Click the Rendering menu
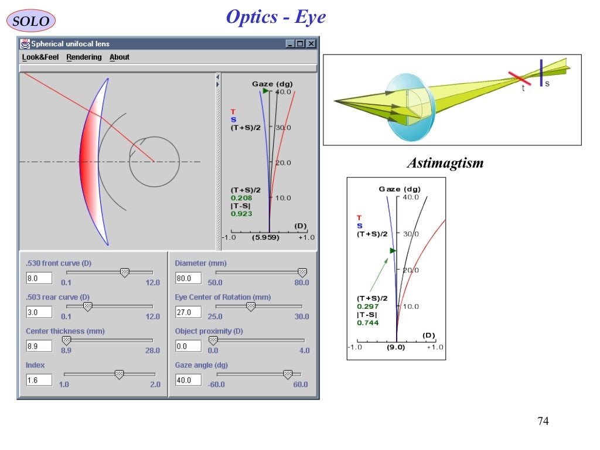coord(84,57)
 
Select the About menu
coord(120,57)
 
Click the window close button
coord(311,44)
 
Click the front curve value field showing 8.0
coord(39,278)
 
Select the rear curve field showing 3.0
coord(39,312)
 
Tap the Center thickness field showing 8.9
coord(39,346)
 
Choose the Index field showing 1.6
coord(39,380)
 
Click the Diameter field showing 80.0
coord(188,278)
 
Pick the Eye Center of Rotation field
coord(188,312)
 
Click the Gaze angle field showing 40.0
coord(188,380)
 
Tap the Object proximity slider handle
coord(213,340)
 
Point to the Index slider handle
coord(119,374)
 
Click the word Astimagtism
coord(445,163)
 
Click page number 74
coord(543,421)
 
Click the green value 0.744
coord(367,323)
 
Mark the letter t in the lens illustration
coord(523,88)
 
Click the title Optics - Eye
coord(276,17)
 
